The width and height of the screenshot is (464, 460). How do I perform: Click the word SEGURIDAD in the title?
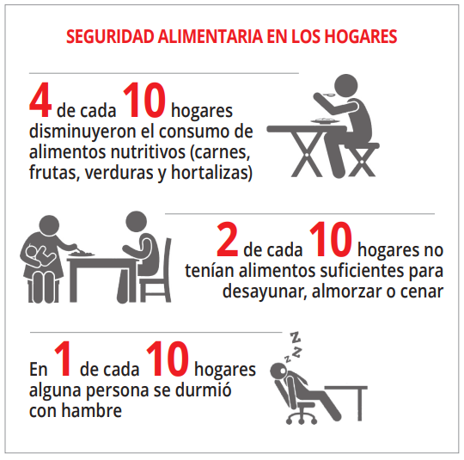[x=110, y=37]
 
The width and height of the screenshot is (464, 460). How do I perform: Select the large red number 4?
[x=40, y=100]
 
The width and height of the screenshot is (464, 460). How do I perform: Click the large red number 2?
[x=227, y=240]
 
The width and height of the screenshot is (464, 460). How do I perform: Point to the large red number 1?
[x=63, y=359]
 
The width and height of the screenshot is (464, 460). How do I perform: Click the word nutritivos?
[x=148, y=151]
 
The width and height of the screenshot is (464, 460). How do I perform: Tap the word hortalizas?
[x=210, y=172]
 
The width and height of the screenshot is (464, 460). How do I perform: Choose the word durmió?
[x=204, y=389]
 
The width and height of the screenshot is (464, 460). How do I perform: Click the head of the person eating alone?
[x=345, y=86]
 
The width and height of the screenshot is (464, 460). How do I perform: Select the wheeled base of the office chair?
[x=302, y=416]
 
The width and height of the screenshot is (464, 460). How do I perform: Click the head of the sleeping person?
[x=278, y=371]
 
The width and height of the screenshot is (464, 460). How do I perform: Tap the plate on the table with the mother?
[x=82, y=254]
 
